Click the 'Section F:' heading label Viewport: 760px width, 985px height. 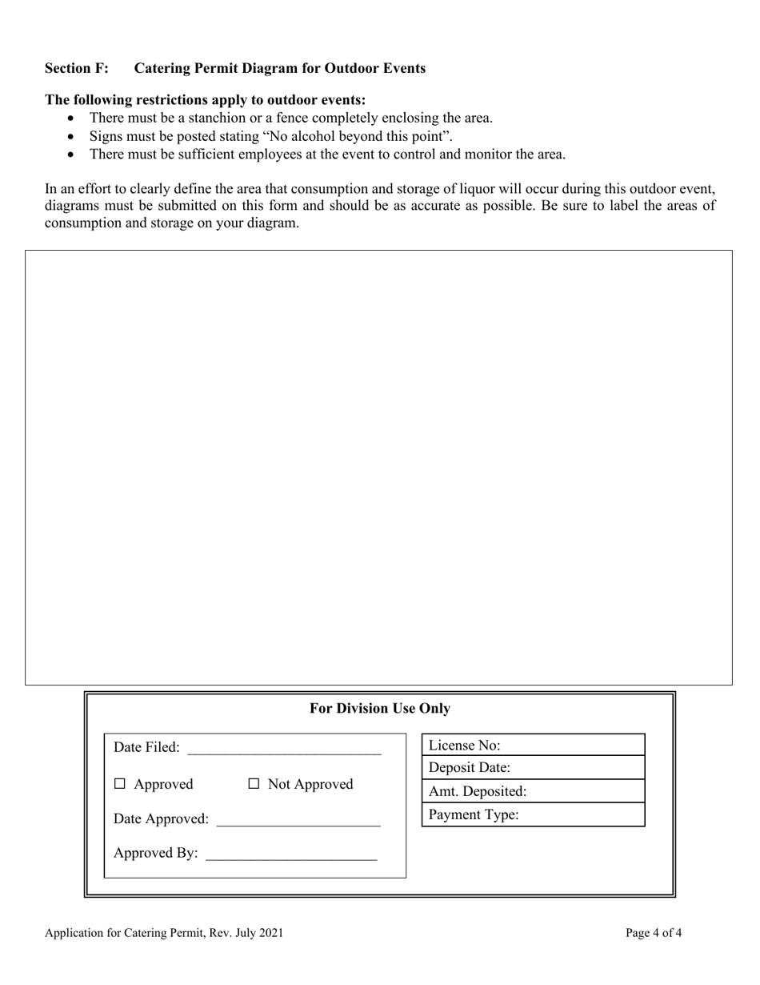(x=77, y=68)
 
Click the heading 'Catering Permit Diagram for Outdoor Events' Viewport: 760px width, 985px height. (x=279, y=68)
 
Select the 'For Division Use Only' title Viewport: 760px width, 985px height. (x=379, y=709)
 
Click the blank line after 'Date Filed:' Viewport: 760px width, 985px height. (x=284, y=749)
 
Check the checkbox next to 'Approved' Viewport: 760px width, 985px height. (x=120, y=785)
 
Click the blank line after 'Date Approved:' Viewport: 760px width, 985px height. (x=298, y=820)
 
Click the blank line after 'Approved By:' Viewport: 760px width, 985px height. (x=290, y=854)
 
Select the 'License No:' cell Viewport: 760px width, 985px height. (x=533, y=746)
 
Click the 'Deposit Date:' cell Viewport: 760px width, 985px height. (x=533, y=768)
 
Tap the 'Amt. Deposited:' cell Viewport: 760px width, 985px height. (x=533, y=791)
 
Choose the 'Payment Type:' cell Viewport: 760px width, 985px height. (x=533, y=815)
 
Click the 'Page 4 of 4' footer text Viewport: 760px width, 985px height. (x=654, y=933)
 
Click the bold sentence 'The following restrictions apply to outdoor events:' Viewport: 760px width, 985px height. (x=206, y=100)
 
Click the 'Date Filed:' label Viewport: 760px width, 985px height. (x=146, y=748)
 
